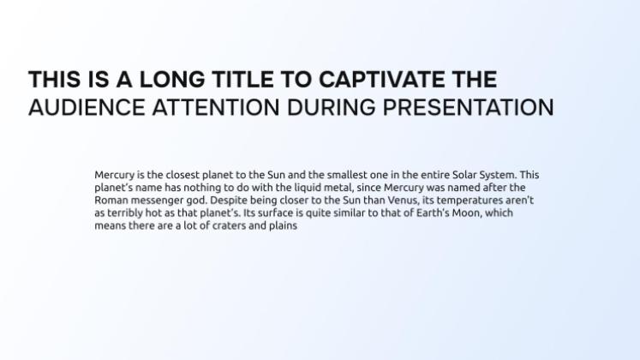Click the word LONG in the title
pyautogui.click(x=172, y=79)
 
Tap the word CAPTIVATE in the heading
pyautogui.click(x=380, y=79)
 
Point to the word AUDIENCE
pyautogui.click(x=87, y=107)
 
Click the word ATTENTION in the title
pyautogui.click(x=216, y=107)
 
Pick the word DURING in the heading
pyautogui.click(x=331, y=107)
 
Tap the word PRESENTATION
pyautogui.click(x=468, y=107)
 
